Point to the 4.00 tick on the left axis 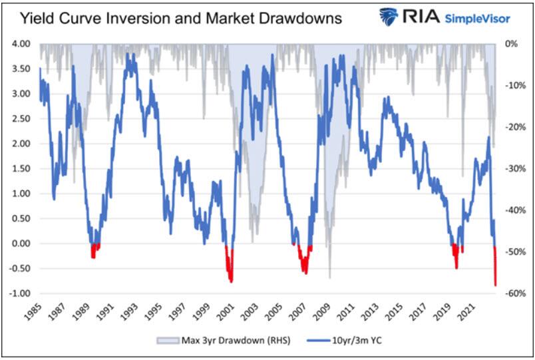[x=19, y=44]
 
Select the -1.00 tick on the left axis [x=18, y=293]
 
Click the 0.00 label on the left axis [x=19, y=244]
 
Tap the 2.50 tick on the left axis [x=19, y=118]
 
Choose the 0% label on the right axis [x=512, y=44]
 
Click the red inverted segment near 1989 [x=94, y=251]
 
